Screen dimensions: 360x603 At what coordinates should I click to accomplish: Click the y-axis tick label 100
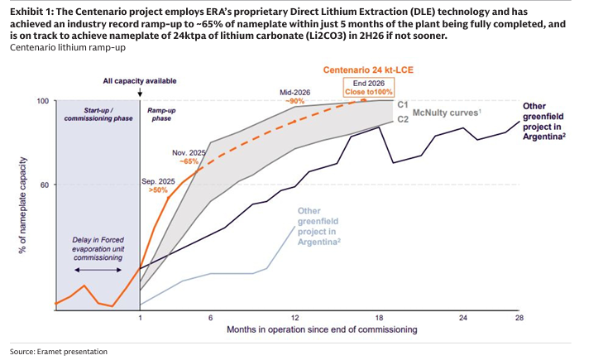[42, 101]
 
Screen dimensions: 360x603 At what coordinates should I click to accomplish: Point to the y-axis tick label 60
[44, 185]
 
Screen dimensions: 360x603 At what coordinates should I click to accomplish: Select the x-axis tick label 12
[295, 319]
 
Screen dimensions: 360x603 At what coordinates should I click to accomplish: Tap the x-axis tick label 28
[519, 319]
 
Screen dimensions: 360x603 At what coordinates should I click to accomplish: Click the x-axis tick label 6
[210, 319]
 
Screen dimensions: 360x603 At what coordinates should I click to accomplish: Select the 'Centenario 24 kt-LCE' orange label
[361, 70]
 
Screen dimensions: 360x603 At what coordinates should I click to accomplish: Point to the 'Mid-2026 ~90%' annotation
[295, 96]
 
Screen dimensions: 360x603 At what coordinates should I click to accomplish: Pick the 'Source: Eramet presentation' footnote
[59, 352]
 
